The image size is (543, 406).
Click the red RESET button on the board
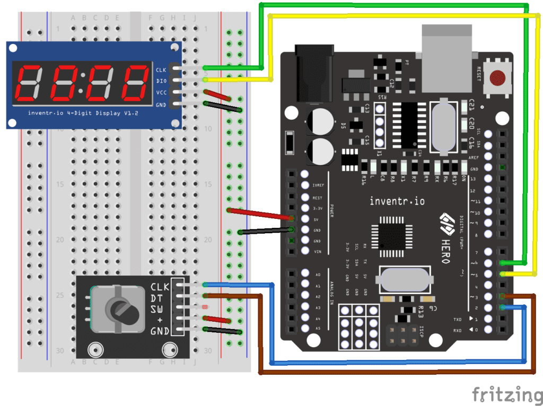497,78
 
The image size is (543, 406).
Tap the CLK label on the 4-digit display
161,70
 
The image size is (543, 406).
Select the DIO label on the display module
161,81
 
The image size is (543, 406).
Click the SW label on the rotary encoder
157,309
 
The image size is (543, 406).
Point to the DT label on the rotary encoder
156,298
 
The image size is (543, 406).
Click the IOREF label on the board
318,186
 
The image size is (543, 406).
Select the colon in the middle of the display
82,84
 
